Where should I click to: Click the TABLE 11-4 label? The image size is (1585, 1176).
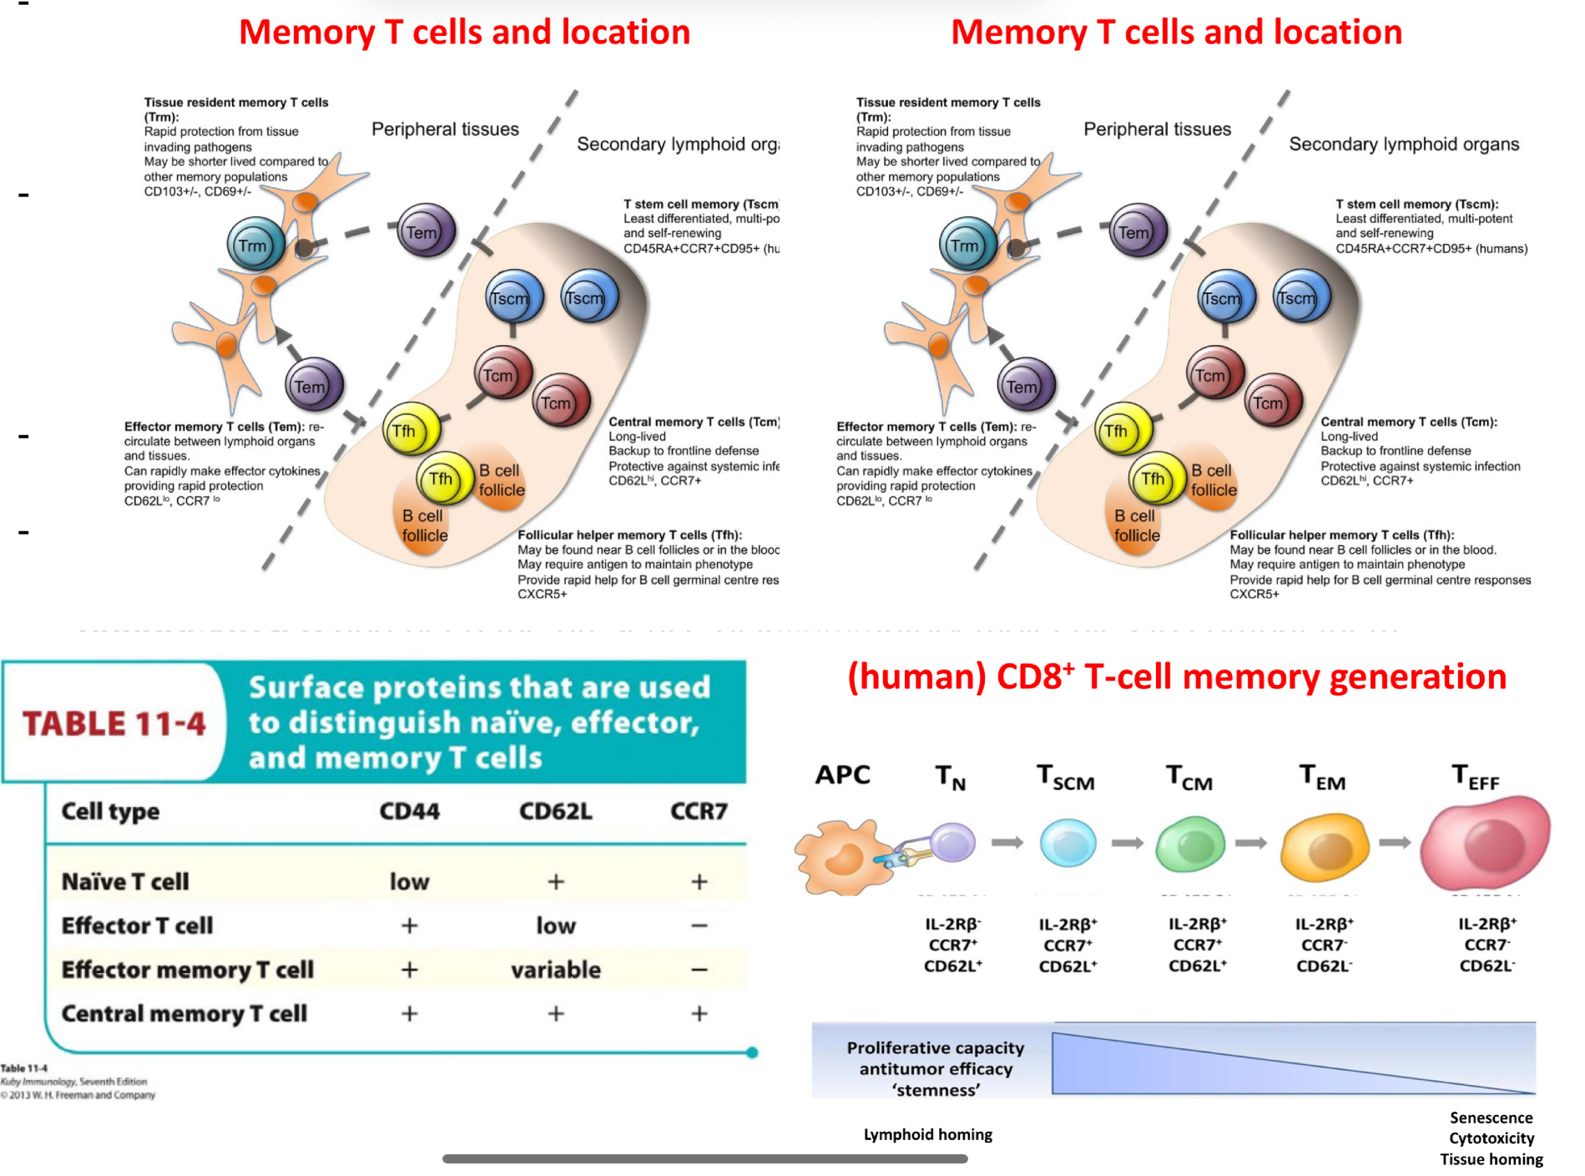(114, 723)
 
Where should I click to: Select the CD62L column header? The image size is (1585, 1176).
(555, 811)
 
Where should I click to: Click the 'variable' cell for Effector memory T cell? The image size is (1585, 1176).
(556, 970)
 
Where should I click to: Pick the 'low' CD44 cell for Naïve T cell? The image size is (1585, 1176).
(409, 882)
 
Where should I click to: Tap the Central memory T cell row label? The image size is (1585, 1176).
(184, 1014)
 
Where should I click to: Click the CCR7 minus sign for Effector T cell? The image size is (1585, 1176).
(699, 925)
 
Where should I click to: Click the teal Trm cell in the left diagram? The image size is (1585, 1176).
(255, 245)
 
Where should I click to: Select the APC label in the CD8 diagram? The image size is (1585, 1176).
(842, 774)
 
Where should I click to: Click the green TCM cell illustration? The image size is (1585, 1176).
(1190, 844)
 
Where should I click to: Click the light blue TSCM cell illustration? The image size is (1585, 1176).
(1068, 843)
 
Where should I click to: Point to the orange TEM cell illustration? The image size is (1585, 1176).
(1325, 846)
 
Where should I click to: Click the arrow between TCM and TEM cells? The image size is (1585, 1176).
(1250, 844)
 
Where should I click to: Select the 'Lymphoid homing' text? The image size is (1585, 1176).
(927, 1134)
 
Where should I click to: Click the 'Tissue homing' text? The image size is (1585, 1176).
(1491, 1159)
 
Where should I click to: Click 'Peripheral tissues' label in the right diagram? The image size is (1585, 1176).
(1157, 129)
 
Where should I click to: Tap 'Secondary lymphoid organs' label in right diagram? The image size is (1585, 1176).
(1403, 144)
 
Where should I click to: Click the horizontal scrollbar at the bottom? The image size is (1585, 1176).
(704, 1158)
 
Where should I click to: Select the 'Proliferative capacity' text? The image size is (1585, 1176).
(935, 1047)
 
